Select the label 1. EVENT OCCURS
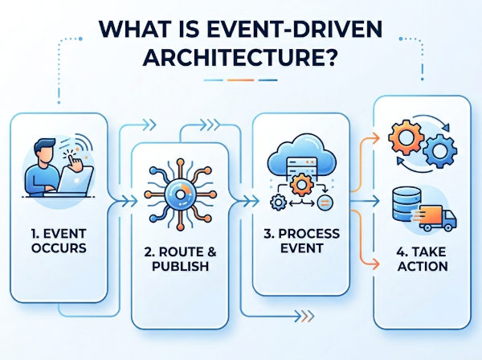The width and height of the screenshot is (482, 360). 59,241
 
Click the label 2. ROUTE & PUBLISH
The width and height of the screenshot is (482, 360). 180,259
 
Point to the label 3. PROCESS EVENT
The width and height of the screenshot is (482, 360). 301,241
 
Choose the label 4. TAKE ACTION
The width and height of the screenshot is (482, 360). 423,259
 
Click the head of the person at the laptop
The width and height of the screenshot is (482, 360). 44,151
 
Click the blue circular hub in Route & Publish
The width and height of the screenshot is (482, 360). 180,194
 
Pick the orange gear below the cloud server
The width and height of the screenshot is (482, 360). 301,185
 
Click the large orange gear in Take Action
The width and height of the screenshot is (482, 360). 406,137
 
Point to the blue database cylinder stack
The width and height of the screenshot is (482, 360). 406,204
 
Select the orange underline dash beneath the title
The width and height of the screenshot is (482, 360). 240,80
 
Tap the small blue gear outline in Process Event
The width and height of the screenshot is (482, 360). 278,202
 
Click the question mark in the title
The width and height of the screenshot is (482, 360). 329,56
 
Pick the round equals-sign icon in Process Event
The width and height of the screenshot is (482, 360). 325,202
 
